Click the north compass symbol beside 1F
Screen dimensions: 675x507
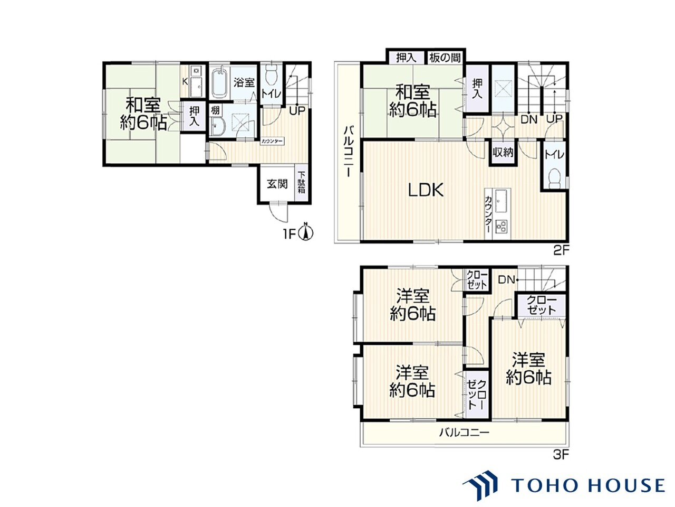point(306,233)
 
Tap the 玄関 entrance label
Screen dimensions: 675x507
point(277,184)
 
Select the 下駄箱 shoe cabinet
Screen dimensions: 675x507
point(301,184)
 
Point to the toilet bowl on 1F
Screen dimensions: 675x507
point(271,77)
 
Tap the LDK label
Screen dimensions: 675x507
point(426,190)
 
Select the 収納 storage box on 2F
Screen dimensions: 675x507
point(503,153)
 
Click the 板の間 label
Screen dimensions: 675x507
point(445,58)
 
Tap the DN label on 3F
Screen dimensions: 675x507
point(506,280)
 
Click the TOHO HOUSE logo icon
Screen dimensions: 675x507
point(480,488)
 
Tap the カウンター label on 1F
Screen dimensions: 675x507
point(272,142)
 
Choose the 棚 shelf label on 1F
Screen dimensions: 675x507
point(215,110)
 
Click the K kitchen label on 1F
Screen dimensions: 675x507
point(185,81)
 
